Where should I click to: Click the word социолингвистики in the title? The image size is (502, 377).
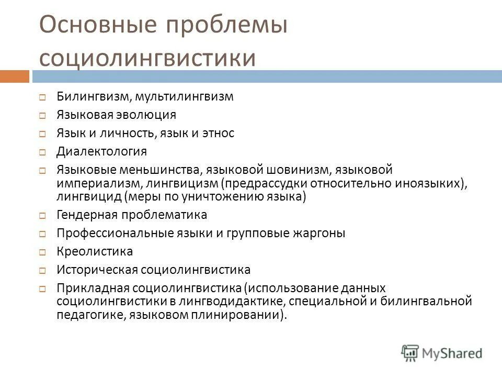coord(148,58)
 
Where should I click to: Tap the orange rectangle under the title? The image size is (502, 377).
coord(14,76)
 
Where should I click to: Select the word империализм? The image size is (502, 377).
coord(98,183)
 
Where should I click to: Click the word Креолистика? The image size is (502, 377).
coord(95,251)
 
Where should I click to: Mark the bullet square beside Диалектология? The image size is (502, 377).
coord(43,153)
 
